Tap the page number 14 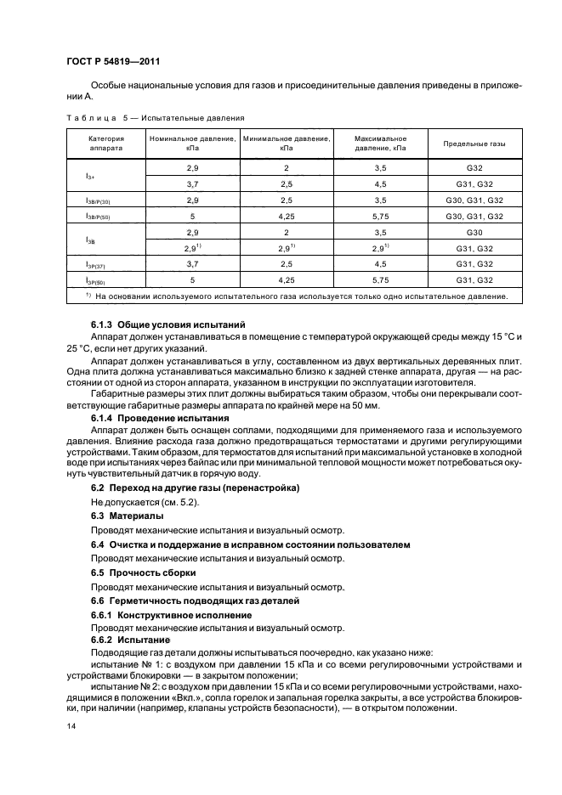[71, 727]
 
